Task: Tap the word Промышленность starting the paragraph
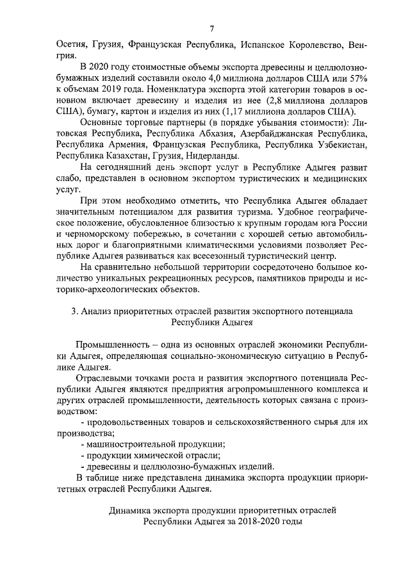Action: coord(113,346)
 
